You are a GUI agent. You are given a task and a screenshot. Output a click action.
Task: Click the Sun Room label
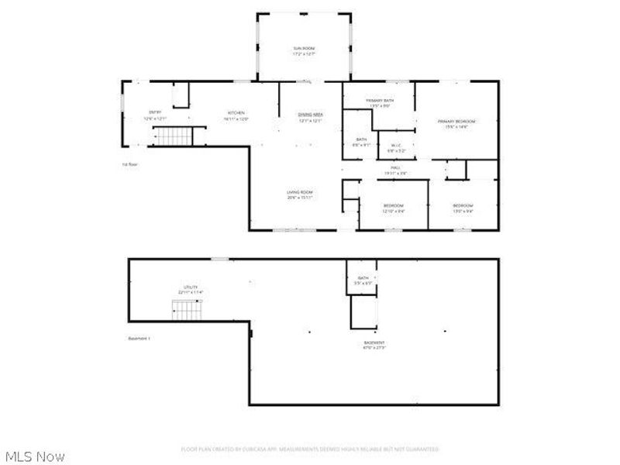(x=304, y=49)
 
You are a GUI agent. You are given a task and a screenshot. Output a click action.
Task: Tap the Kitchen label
(x=236, y=112)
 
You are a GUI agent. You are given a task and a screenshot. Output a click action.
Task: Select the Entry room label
(x=155, y=112)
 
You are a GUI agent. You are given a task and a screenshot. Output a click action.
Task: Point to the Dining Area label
(x=311, y=115)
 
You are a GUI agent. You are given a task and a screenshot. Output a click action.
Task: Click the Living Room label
(x=299, y=192)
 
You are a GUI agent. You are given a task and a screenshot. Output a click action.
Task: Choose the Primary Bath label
(x=380, y=101)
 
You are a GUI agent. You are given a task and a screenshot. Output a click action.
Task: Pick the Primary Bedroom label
(x=456, y=122)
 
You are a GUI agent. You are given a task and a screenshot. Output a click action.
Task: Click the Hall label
(x=395, y=167)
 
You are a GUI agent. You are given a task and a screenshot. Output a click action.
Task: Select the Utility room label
(x=191, y=287)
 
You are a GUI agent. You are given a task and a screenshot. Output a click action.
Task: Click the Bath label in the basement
(x=363, y=278)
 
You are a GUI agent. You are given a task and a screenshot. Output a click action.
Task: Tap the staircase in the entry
(x=174, y=136)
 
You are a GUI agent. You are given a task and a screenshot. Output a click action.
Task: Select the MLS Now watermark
(x=35, y=456)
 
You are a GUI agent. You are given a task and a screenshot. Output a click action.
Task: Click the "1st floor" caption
(x=129, y=165)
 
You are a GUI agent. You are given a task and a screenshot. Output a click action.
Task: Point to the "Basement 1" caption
(x=140, y=339)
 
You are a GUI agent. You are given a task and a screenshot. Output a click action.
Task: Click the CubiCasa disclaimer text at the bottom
(x=309, y=449)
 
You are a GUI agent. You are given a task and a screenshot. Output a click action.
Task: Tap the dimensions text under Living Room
(x=299, y=198)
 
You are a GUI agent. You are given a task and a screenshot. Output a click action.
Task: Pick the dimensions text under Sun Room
(x=304, y=54)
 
